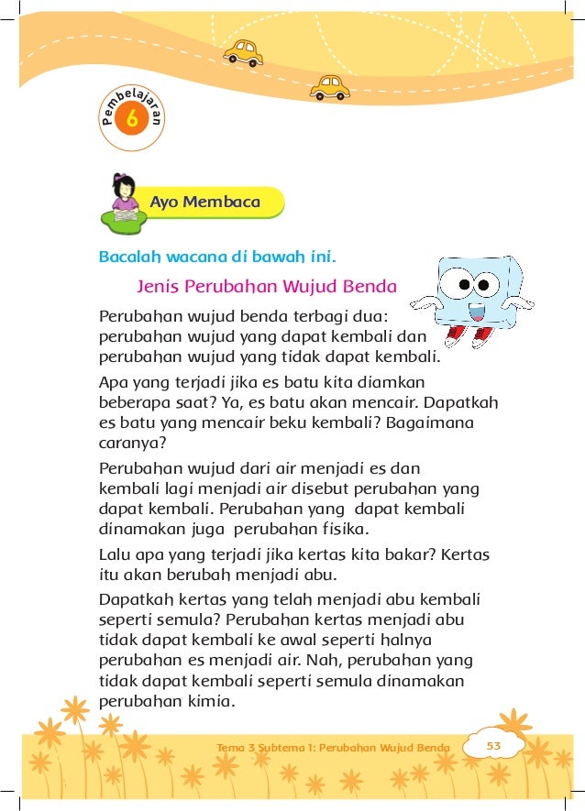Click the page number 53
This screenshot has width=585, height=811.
[x=493, y=746]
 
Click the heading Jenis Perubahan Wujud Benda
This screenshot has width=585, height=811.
[x=266, y=285]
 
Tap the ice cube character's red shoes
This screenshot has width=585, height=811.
[x=468, y=338]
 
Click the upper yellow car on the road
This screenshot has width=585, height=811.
[x=243, y=52]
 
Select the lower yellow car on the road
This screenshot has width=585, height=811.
[x=330, y=87]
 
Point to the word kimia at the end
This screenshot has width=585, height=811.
[x=212, y=703]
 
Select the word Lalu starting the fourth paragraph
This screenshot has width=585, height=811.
[x=115, y=553]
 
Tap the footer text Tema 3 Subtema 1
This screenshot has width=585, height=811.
[x=266, y=748]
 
